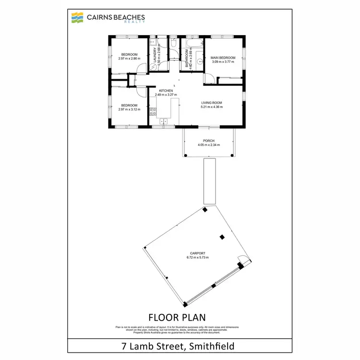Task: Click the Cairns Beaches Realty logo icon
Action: pos(76,18)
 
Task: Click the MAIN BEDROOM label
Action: pos(223,58)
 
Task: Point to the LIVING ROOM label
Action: pos(212,102)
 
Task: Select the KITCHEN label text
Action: pos(166,91)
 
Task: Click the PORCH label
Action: pos(209,141)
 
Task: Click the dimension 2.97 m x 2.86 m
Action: pos(129,59)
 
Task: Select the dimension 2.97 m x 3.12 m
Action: pos(129,109)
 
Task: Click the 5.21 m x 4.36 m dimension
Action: pos(212,107)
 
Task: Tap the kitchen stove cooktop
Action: pos(153,112)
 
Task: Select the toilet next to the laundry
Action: pos(174,45)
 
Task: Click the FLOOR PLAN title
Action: pos(177,317)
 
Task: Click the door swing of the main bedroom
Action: pos(209,78)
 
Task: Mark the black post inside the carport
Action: pos(222,237)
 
